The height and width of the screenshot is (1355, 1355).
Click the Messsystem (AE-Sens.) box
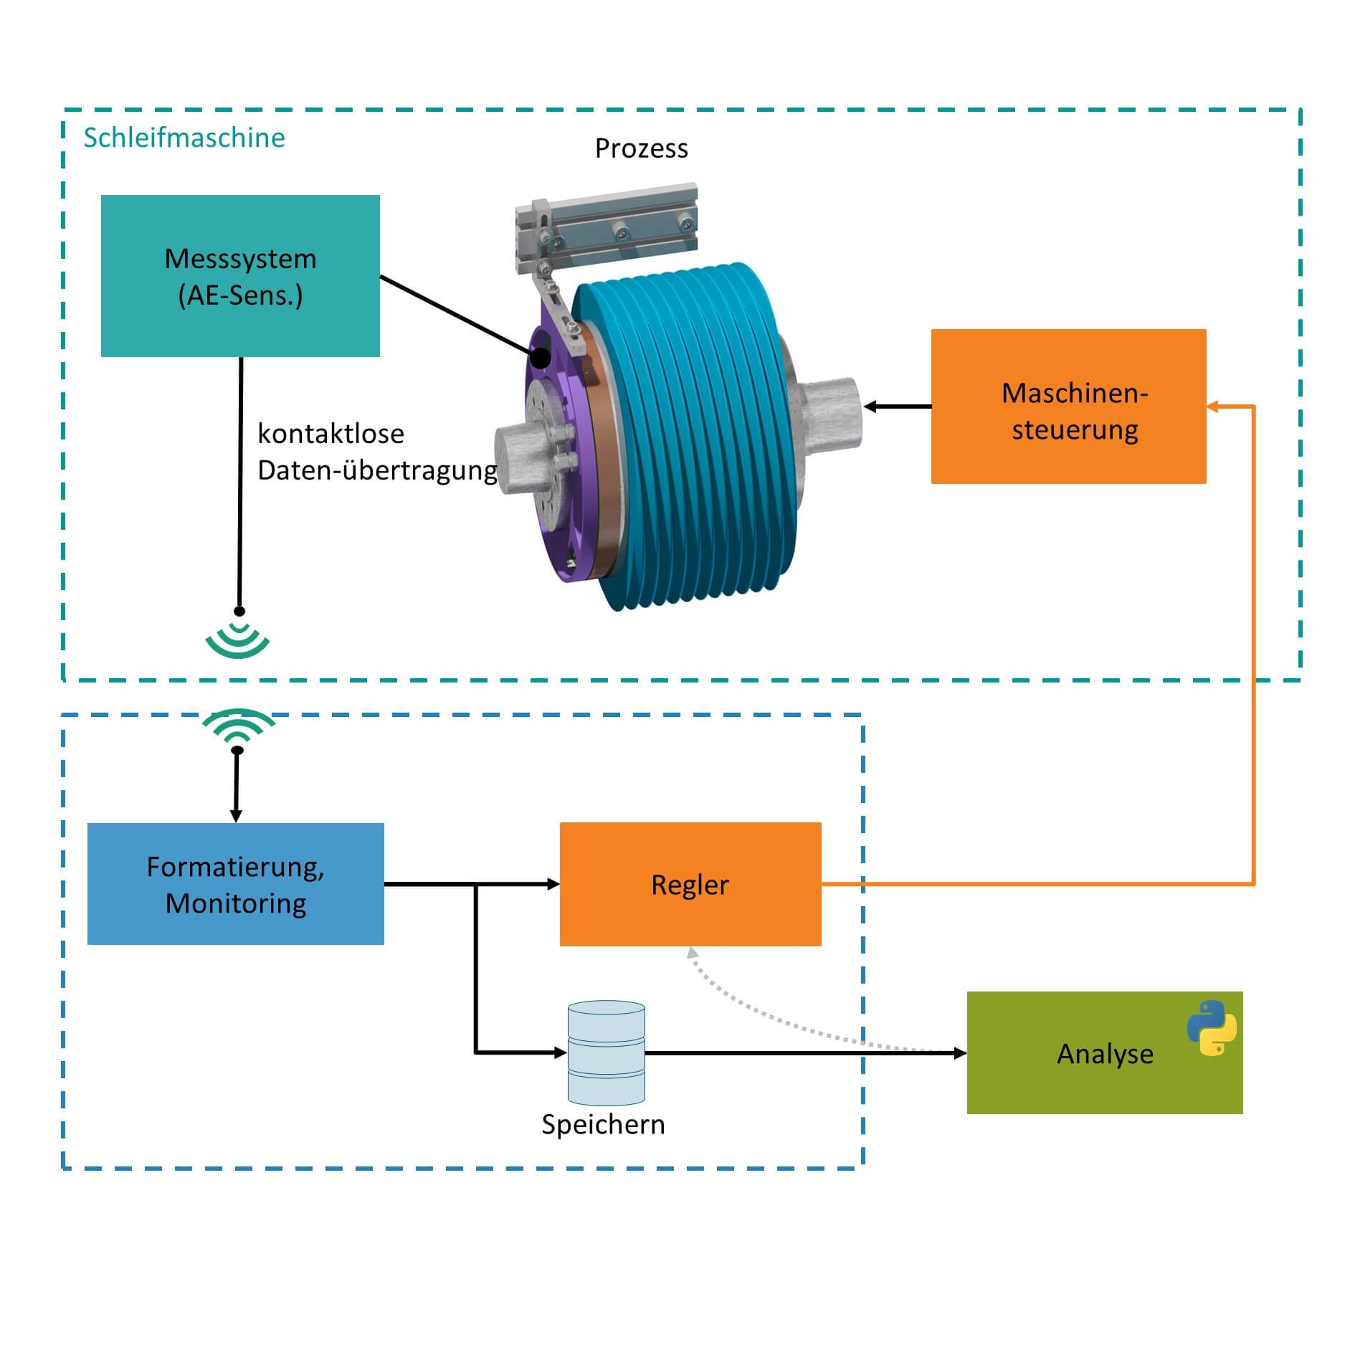tap(240, 276)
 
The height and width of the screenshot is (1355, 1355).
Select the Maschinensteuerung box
tap(1068, 406)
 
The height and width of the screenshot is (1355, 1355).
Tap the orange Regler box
tap(690, 884)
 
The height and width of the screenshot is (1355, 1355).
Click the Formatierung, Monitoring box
tap(235, 884)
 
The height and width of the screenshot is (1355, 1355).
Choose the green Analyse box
tap(1104, 1052)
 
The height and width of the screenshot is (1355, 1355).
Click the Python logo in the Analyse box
tap(1211, 1028)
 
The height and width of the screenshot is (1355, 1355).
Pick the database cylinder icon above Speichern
tap(606, 1052)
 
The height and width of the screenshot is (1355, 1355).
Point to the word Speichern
tap(603, 1124)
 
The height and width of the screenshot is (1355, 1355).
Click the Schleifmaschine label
tap(184, 138)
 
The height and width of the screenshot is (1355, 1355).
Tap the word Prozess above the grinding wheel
tap(641, 148)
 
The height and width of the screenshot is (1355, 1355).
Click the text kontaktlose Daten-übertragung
tap(376, 452)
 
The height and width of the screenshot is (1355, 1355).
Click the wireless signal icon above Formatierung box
tap(238, 726)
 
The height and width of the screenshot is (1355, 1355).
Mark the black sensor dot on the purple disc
tap(541, 356)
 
